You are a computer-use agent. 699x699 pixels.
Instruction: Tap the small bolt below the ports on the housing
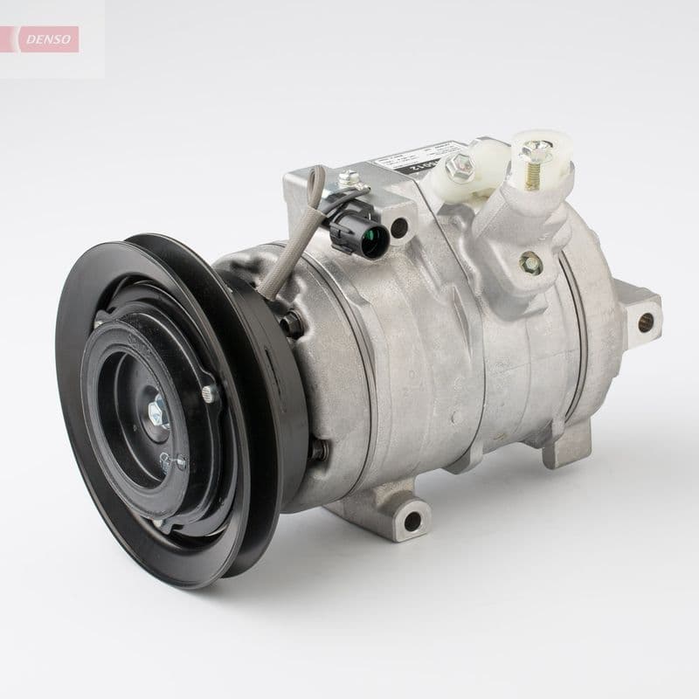click(x=529, y=260)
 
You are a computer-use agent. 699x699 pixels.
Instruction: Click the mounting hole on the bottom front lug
click(x=410, y=523)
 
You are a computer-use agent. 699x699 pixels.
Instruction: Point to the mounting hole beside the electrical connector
click(x=399, y=229)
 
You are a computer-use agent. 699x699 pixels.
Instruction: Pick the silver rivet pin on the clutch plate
click(x=209, y=393)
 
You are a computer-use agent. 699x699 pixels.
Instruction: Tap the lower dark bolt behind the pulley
click(x=318, y=449)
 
